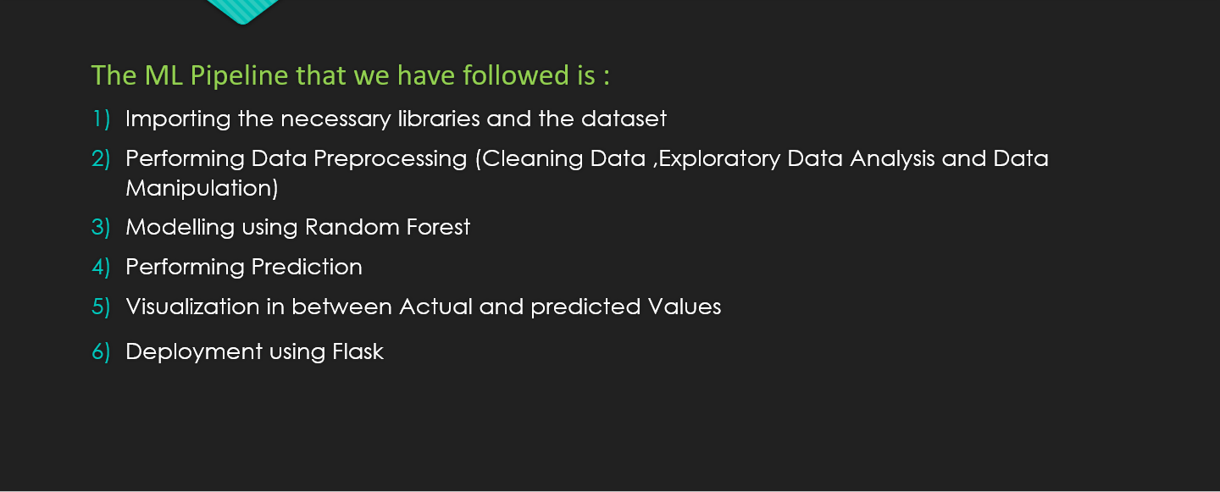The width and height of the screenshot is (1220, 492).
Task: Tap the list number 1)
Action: (101, 119)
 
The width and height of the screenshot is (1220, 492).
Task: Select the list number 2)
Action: (101, 159)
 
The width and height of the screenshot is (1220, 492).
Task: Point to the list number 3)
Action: (101, 228)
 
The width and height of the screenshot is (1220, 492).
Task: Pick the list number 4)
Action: (101, 268)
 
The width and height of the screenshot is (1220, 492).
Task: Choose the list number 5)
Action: (101, 307)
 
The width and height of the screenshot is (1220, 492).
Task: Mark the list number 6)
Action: (101, 352)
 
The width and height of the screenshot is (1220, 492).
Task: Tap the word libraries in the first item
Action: (438, 119)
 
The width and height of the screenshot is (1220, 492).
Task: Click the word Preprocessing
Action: (392, 159)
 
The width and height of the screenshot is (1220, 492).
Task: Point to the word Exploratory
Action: (719, 159)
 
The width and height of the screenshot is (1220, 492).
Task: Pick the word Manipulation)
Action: (202, 188)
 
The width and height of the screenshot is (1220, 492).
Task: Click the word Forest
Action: (436, 227)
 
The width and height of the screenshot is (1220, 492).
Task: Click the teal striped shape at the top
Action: (242, 9)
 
